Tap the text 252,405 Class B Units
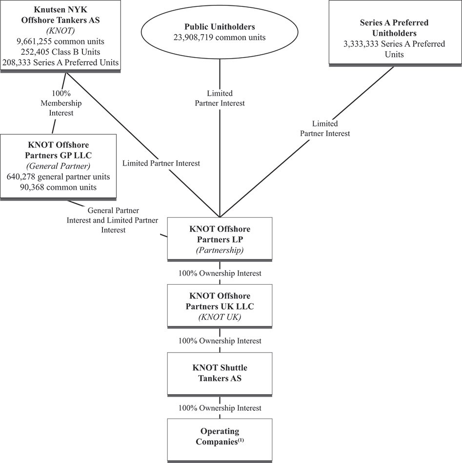(60, 52)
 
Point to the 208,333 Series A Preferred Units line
(60, 63)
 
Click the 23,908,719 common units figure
(220, 38)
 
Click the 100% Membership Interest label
(61, 103)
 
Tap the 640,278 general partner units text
(58, 177)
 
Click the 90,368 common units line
(58, 188)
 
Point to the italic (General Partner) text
(58, 166)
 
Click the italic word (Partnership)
(220, 251)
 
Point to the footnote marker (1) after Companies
(241, 440)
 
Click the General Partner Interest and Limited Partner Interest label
(112, 220)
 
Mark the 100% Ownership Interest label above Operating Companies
(220, 408)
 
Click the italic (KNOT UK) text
(220, 317)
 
